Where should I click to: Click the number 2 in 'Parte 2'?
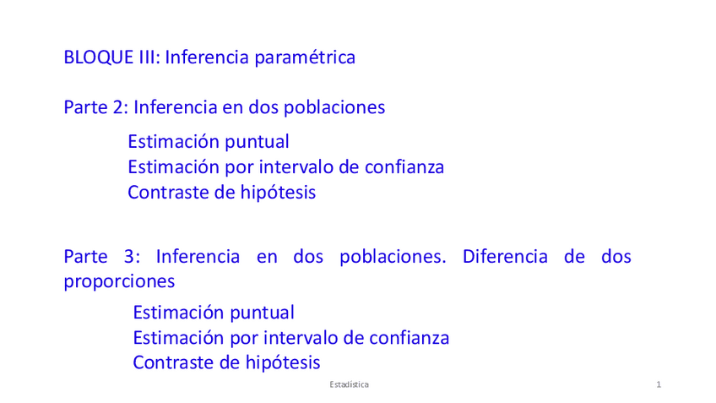pos(117,107)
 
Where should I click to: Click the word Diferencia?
pos(506,257)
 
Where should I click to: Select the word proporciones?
pos(119,281)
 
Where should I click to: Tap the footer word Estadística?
pos(349,384)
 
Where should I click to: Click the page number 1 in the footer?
pos(658,384)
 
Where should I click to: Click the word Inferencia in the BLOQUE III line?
pos(207,57)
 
